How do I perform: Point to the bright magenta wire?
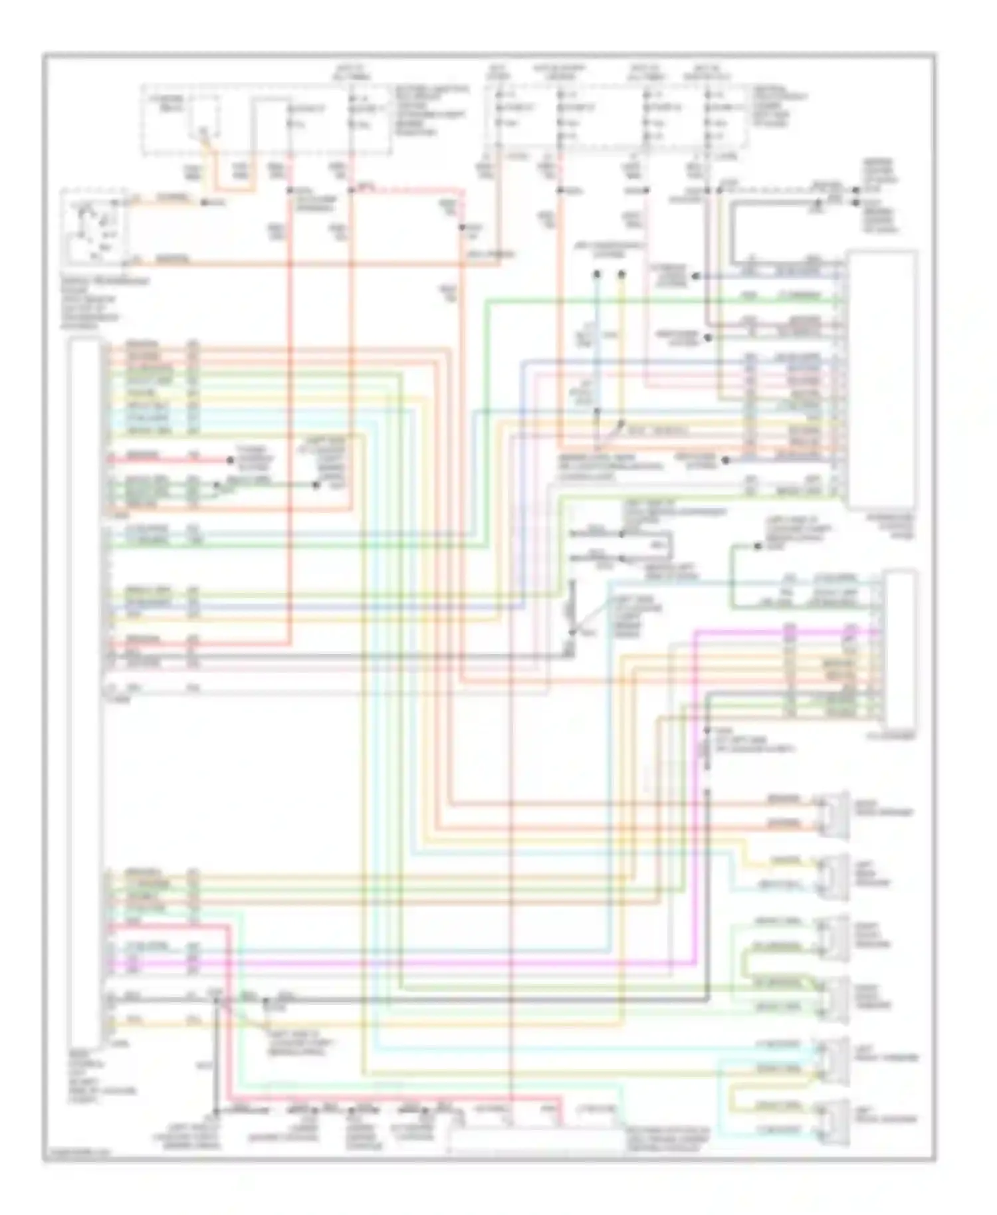(695, 731)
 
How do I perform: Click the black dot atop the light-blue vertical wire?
(597, 273)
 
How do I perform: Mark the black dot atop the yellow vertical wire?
(621, 273)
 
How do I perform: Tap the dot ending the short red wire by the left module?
(231, 459)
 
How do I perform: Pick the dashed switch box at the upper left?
(95, 226)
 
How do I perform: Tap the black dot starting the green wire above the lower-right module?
(757, 546)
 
